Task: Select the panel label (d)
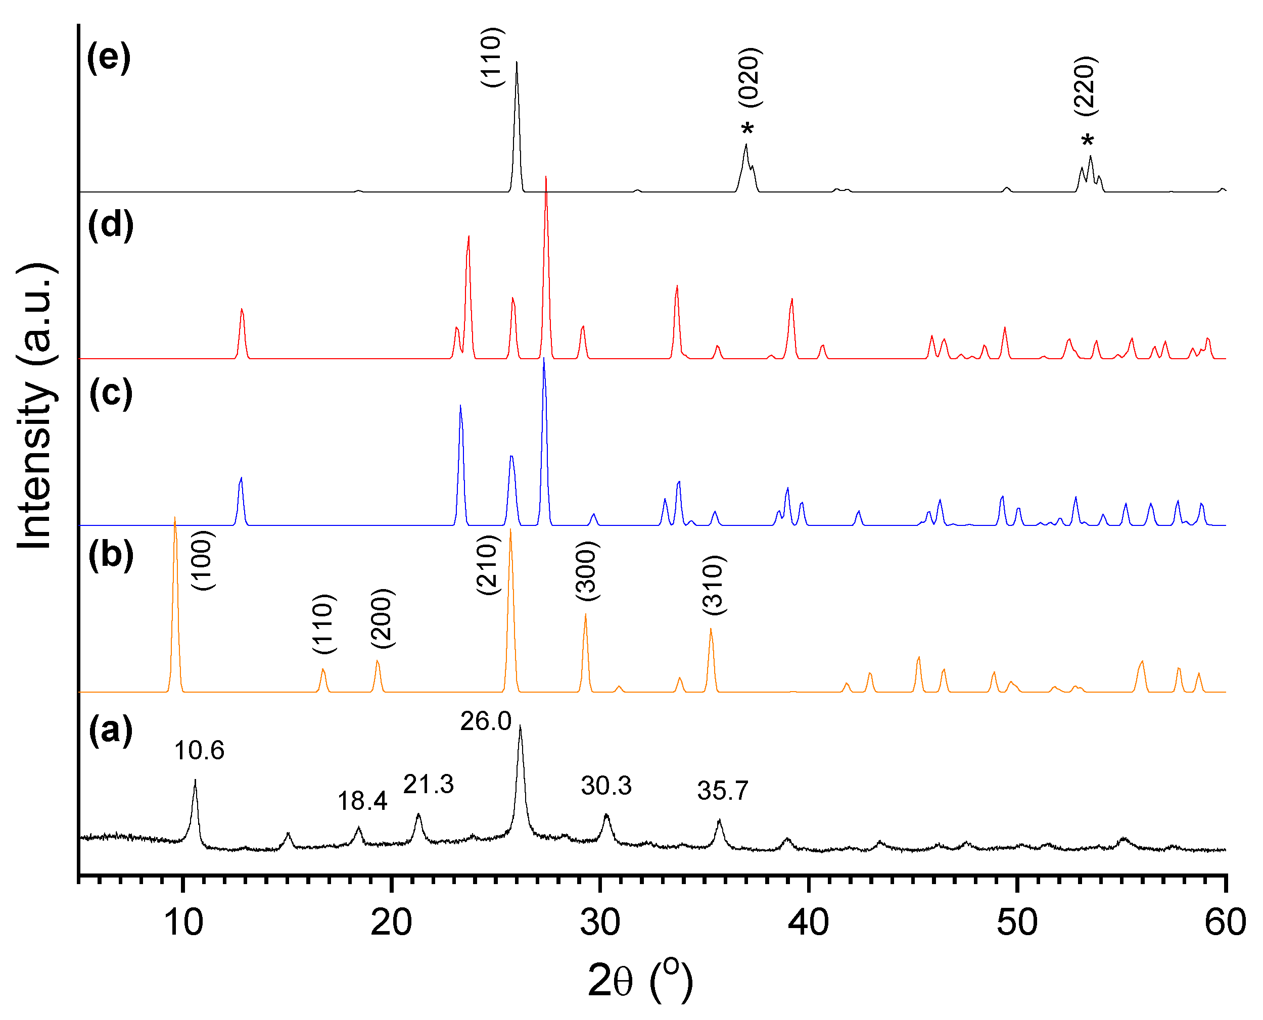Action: click(111, 224)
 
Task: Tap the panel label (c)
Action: click(111, 393)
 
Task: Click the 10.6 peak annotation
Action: click(199, 750)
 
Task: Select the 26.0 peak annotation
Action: click(486, 721)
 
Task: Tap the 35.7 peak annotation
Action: click(722, 791)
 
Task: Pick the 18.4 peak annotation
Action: click(362, 801)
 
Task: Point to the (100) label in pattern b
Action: click(203, 561)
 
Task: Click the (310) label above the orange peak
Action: click(714, 585)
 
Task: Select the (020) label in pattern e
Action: click(750, 78)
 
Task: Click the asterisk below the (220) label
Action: click(1087, 141)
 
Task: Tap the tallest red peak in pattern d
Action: click(546, 178)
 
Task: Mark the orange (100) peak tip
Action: click(174, 518)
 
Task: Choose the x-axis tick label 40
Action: click(809, 922)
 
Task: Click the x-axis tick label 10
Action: click(183, 922)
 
